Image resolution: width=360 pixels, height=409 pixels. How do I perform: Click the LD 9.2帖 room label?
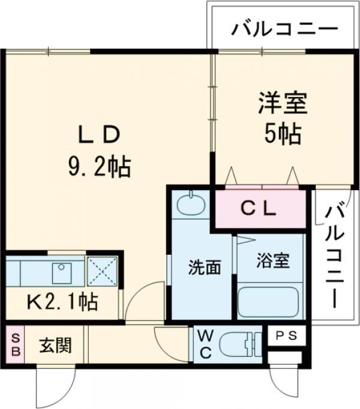[x=99, y=151]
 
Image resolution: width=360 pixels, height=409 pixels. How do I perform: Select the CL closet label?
[x=259, y=209]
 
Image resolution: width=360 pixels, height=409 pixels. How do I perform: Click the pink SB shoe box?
[x=15, y=344]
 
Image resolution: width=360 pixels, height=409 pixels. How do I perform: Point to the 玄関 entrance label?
[x=56, y=345]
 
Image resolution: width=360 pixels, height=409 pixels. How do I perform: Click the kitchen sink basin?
[x=62, y=273]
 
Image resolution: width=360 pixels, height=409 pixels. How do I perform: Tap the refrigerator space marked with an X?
[x=103, y=272]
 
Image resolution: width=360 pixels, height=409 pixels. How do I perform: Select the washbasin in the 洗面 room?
[x=191, y=203]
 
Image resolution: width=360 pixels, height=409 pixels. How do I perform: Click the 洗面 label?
[x=205, y=267]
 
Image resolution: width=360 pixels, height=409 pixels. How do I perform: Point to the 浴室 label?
[x=273, y=260]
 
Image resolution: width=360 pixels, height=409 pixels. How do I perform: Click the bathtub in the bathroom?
[x=268, y=300]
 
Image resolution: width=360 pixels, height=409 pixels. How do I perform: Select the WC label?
[x=206, y=344]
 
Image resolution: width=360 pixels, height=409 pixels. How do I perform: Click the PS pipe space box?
[x=286, y=336]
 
